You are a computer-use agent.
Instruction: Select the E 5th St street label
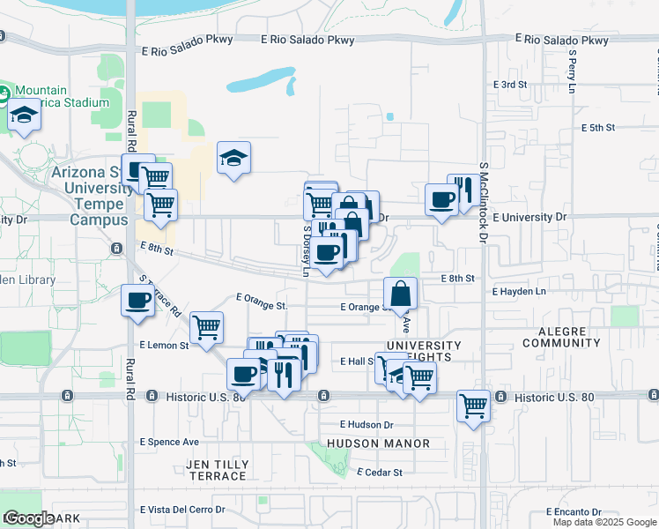(597, 128)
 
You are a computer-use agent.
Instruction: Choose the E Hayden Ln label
(519, 291)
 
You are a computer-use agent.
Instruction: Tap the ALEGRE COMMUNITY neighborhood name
(561, 336)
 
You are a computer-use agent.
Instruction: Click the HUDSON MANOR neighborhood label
(378, 443)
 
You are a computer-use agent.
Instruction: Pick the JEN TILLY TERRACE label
(218, 470)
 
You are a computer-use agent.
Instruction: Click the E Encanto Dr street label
(574, 511)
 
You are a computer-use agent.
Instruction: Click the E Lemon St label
(164, 346)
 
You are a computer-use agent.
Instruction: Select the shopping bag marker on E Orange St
(400, 294)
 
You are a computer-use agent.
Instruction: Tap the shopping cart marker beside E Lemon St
(206, 328)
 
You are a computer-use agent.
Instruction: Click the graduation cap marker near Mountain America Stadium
(25, 116)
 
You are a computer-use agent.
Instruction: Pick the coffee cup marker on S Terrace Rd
(138, 300)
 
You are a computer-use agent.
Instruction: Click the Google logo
(29, 518)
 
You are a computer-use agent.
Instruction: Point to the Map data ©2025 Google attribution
(603, 522)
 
